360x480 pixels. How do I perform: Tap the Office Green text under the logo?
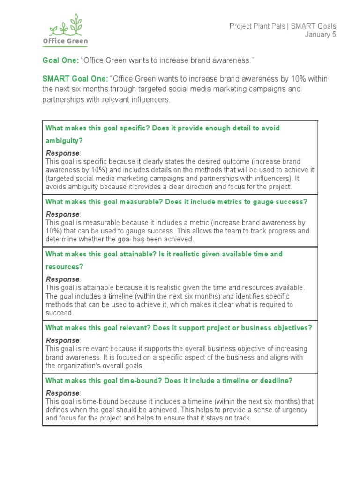[x=65, y=41]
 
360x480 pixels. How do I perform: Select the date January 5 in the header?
[x=321, y=35]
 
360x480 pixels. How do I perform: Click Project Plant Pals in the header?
[x=257, y=26]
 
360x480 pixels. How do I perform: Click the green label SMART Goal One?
[x=75, y=79]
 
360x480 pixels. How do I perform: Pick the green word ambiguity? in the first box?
[x=64, y=141]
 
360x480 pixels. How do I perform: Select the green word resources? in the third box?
[x=64, y=267]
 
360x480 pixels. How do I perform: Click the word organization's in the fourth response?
[x=82, y=366]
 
